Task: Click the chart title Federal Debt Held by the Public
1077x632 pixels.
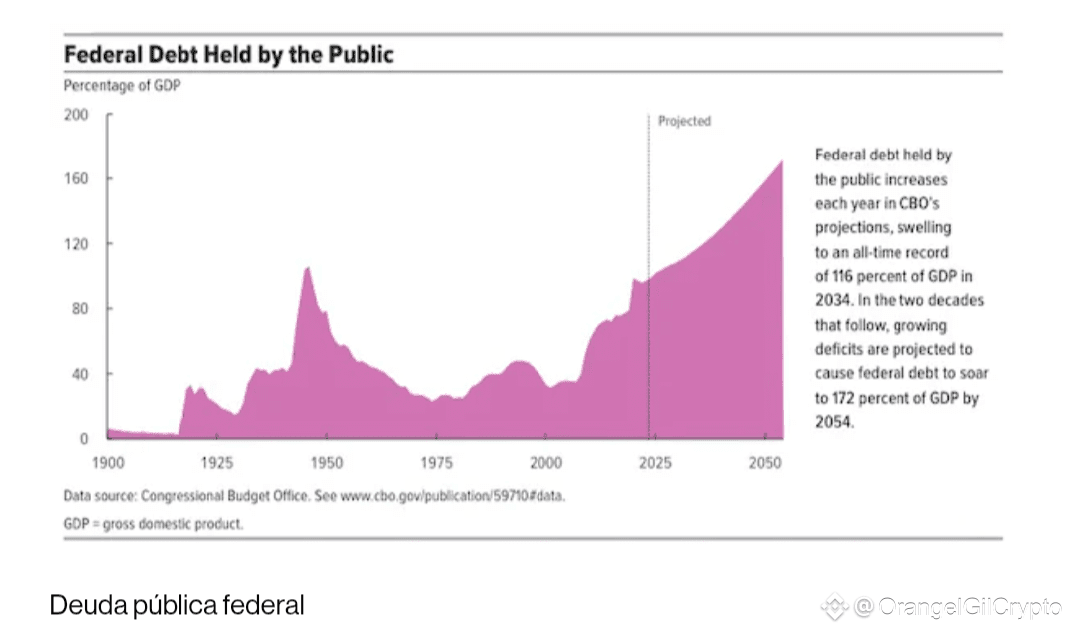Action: [x=228, y=54]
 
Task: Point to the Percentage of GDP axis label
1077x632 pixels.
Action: [x=123, y=86]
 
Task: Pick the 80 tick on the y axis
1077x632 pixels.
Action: [x=79, y=309]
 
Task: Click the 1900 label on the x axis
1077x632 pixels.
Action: [x=108, y=464]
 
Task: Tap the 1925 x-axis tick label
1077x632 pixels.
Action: [x=217, y=464]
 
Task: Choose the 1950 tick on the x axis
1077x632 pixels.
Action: [x=326, y=464]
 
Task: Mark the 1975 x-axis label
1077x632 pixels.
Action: [x=436, y=464]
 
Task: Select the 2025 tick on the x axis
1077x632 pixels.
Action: [x=654, y=464]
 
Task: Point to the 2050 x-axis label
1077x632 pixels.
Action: [x=764, y=464]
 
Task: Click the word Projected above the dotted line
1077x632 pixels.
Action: [x=685, y=121]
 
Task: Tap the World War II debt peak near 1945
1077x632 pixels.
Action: [x=307, y=268]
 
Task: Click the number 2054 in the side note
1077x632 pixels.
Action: [x=835, y=422]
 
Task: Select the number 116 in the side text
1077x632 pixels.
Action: [x=844, y=276]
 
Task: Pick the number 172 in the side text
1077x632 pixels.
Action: [x=844, y=398]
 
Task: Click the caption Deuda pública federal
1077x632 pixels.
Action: [x=177, y=605]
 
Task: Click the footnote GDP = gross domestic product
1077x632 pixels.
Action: [x=153, y=523]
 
